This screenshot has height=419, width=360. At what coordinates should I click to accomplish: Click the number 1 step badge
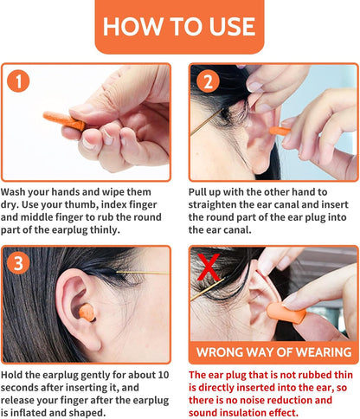click(18, 81)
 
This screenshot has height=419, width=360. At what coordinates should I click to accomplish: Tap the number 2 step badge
click(208, 81)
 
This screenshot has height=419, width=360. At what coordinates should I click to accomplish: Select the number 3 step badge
click(18, 263)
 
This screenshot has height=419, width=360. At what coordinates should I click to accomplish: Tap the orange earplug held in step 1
click(64, 120)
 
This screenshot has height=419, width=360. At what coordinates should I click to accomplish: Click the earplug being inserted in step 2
click(280, 131)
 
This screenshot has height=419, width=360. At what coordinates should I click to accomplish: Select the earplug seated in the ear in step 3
click(87, 313)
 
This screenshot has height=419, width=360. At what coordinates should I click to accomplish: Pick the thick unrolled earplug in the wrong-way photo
click(286, 313)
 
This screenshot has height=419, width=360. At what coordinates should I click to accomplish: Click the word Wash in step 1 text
click(12, 192)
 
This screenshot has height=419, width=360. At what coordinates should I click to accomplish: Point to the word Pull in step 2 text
click(198, 192)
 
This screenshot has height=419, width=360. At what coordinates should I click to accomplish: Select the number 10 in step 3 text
click(163, 375)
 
